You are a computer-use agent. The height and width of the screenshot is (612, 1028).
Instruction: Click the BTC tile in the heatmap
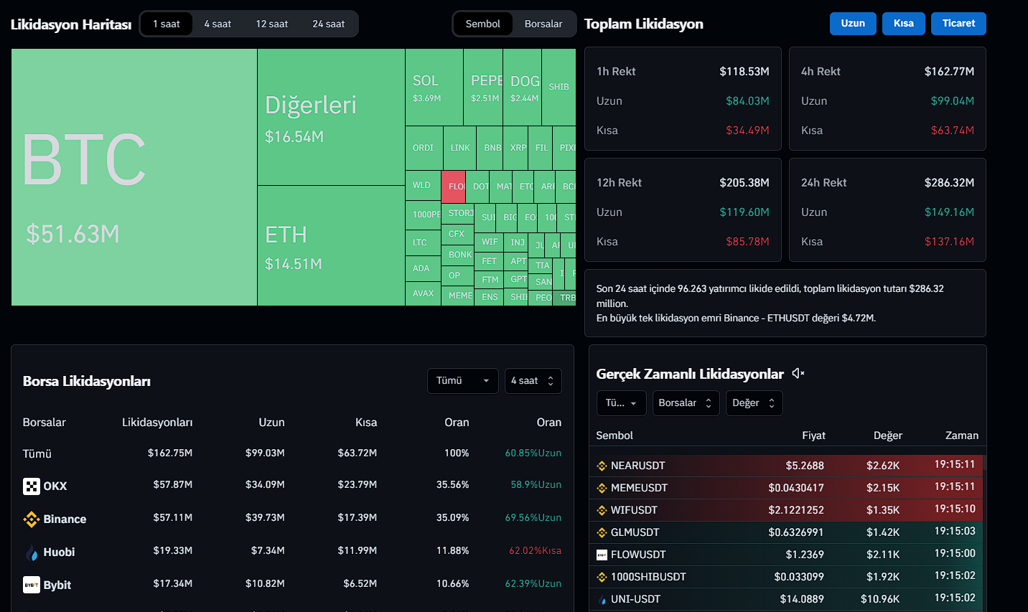[x=134, y=177]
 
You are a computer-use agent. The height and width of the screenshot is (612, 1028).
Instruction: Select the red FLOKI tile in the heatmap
[x=454, y=186]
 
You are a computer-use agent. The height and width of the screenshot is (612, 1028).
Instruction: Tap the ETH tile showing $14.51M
[x=331, y=246]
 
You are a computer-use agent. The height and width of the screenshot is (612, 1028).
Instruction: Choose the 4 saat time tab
[x=218, y=24]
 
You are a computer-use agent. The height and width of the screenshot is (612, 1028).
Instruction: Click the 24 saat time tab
[x=328, y=24]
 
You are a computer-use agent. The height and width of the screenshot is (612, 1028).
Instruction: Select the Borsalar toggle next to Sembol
[x=543, y=24]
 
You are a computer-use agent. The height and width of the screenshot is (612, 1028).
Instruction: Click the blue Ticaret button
[x=958, y=24]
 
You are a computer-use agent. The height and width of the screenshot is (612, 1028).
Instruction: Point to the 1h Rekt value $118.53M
[x=744, y=72]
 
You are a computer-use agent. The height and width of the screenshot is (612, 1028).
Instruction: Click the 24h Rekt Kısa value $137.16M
[x=949, y=242]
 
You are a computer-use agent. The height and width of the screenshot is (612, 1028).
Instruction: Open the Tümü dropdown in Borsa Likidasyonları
[x=462, y=381]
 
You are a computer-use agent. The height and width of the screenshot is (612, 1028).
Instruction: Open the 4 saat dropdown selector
[x=533, y=381]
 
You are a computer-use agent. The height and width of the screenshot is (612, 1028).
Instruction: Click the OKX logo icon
[x=32, y=486]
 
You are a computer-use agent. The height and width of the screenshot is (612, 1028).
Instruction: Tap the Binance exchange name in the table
[x=65, y=519]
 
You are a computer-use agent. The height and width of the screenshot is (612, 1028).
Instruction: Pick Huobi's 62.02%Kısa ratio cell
[x=535, y=551]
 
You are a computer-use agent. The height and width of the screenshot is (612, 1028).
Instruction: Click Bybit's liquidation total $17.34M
[x=172, y=584]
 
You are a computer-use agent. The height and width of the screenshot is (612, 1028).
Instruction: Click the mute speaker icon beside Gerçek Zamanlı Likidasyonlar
[x=798, y=373]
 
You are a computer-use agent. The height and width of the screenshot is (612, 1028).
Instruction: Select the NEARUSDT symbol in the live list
[x=637, y=466]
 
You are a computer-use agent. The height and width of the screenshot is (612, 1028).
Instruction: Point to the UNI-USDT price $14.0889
[x=802, y=599]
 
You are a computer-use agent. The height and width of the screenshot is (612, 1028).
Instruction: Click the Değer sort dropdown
[x=754, y=403]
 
